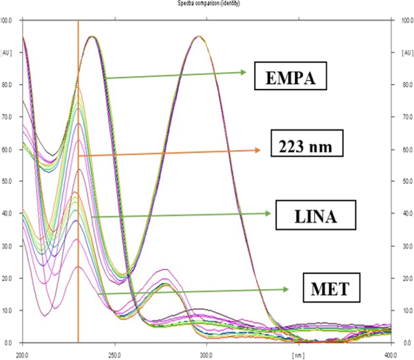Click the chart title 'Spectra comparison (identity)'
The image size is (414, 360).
point(209,4)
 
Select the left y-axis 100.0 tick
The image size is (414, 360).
point(8,21)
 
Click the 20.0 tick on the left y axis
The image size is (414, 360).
point(8,278)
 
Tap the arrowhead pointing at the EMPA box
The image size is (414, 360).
point(244,73)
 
